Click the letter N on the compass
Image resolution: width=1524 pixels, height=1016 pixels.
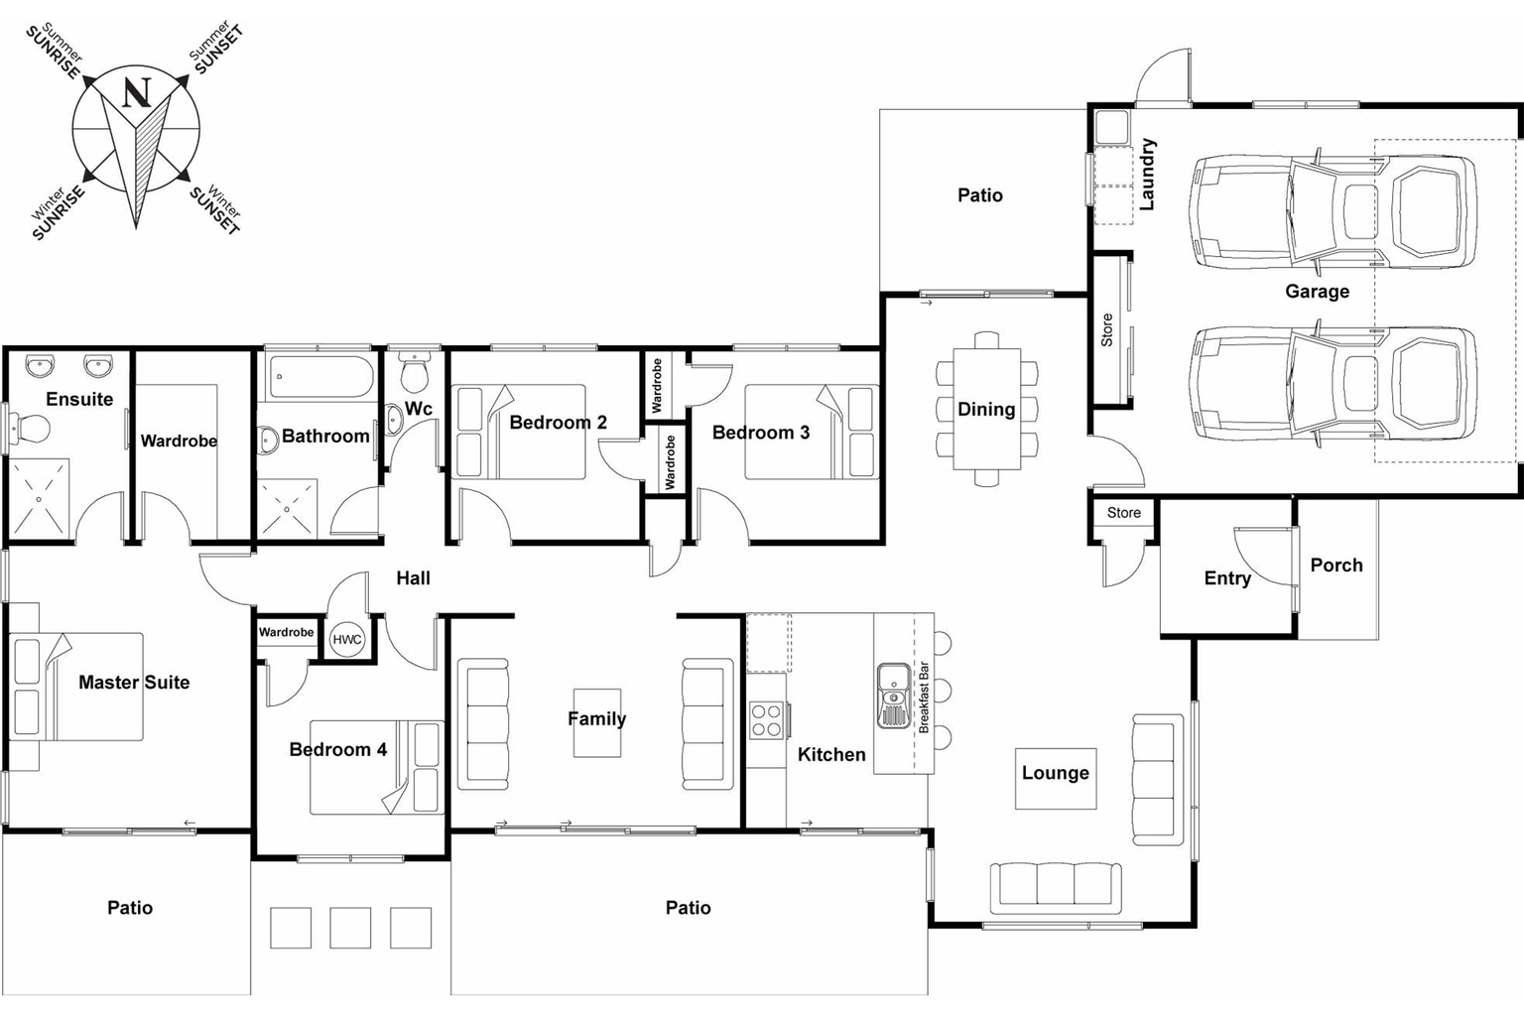(137, 93)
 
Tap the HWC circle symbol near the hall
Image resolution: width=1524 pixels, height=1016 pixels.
(347, 640)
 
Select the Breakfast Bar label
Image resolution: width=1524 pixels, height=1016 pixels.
(924, 698)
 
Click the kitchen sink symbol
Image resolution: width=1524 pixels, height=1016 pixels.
(894, 695)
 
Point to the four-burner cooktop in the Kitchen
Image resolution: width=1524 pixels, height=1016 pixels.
(767, 720)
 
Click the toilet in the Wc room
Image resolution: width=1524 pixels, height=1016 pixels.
(413, 374)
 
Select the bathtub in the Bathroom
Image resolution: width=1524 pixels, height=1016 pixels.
(320, 377)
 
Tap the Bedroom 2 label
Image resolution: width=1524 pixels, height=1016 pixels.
(558, 423)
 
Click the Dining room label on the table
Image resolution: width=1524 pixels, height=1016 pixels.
(985, 409)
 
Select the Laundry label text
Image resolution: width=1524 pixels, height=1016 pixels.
(1148, 175)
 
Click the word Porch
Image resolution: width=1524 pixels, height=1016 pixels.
(1335, 566)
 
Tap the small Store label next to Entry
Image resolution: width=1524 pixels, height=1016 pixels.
(1123, 513)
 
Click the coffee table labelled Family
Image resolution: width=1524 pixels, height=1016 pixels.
(596, 722)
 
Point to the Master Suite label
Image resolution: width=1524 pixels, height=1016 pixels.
(134, 683)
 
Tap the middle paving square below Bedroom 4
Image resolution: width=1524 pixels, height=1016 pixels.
(350, 928)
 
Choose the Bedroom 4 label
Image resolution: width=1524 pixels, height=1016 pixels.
(337, 750)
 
